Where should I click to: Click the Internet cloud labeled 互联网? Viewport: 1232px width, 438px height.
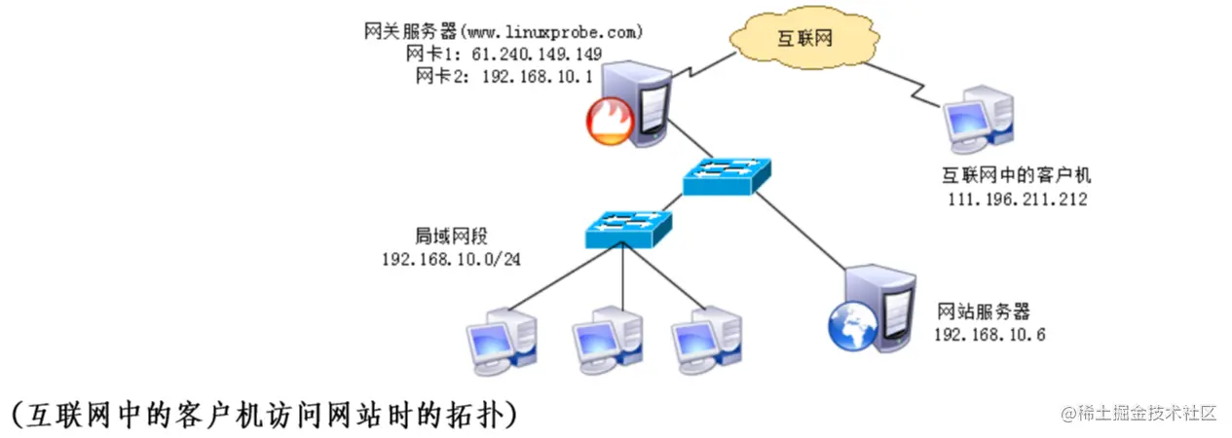tap(798, 39)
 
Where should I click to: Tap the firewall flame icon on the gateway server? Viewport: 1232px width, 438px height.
tap(609, 124)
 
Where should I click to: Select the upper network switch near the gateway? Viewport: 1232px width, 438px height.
tap(727, 174)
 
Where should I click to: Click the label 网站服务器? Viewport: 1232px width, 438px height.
tap(983, 311)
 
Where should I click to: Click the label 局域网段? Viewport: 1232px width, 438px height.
tap(450, 237)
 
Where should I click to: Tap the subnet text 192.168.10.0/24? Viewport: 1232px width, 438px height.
tap(450, 259)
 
